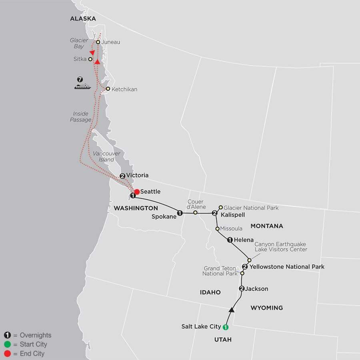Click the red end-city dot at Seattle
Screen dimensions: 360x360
[x=137, y=192]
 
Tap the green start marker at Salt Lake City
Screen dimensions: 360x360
[x=225, y=327]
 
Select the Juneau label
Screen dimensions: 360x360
[x=111, y=42]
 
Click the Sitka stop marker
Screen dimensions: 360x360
[x=90, y=59]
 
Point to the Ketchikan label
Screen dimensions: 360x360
[x=124, y=89]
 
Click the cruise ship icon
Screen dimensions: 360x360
[x=82, y=86]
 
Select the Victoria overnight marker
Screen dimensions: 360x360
[x=122, y=176]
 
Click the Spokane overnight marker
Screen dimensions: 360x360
[x=180, y=213]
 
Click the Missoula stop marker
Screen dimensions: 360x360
[x=217, y=229]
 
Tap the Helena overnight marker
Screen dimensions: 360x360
[x=230, y=240]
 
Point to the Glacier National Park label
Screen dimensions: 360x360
[x=251, y=208]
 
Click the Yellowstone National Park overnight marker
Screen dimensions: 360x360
[x=245, y=267]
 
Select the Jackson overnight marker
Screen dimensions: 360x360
[x=241, y=289]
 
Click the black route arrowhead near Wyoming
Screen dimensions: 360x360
[x=231, y=309]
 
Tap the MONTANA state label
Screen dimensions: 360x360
[x=266, y=226]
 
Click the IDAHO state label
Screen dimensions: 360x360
[x=210, y=292]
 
